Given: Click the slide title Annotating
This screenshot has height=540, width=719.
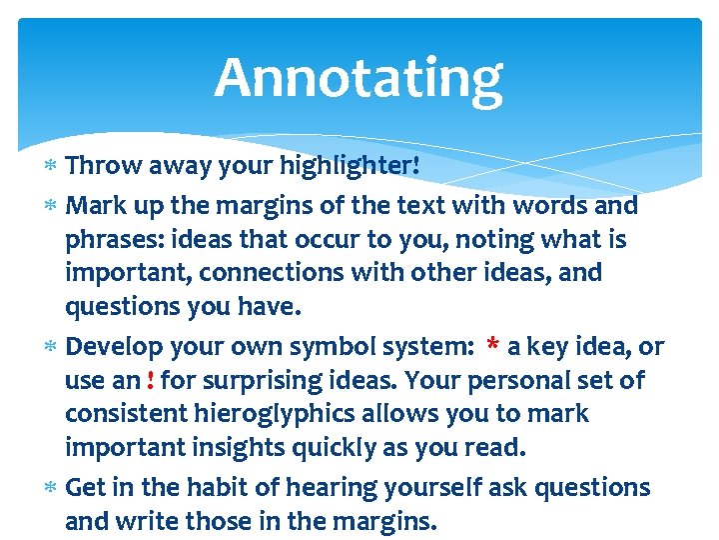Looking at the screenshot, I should click(359, 78).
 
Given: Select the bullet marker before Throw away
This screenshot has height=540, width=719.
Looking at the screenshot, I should click(53, 166).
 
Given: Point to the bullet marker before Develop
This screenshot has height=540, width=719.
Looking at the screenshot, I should click(53, 347).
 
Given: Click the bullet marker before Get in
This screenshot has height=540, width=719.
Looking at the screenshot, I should click(53, 488).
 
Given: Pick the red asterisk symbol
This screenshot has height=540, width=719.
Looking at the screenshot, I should click(492, 347).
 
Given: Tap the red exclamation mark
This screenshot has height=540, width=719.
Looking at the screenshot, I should click(150, 381).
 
